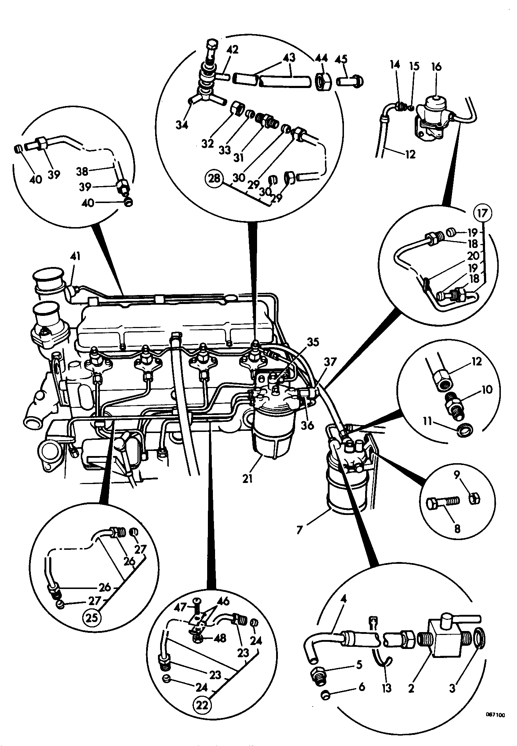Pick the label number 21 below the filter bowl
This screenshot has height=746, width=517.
(x=248, y=478)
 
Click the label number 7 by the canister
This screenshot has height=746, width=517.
(x=300, y=529)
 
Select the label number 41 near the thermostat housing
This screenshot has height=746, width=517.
(x=75, y=256)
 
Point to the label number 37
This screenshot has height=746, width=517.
(x=330, y=362)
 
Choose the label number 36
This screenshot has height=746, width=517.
(x=308, y=425)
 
